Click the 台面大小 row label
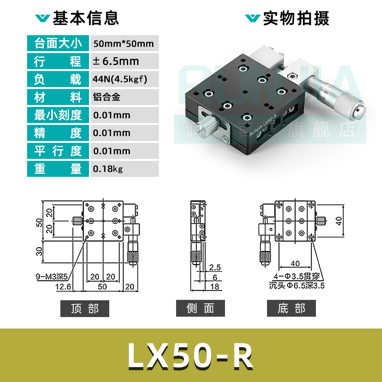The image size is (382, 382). (x=58, y=43)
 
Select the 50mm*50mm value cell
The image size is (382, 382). (x=123, y=44)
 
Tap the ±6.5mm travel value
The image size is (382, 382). (x=116, y=61)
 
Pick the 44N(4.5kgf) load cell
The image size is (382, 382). (x=120, y=79)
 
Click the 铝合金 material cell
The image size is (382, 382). (x=107, y=97)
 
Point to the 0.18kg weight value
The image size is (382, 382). (x=108, y=168)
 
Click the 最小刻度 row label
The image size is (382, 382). (x=58, y=115)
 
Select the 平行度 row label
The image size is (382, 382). (x=58, y=151)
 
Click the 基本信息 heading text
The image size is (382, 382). (x=86, y=18)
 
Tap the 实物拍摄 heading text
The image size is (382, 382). (x=296, y=18)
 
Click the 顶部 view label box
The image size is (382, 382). (x=85, y=309)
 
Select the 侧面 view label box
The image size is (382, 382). (x=200, y=309)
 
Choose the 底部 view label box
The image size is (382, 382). (x=291, y=309)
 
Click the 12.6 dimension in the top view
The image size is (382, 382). (x=63, y=286)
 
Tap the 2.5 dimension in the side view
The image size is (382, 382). (x=215, y=268)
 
